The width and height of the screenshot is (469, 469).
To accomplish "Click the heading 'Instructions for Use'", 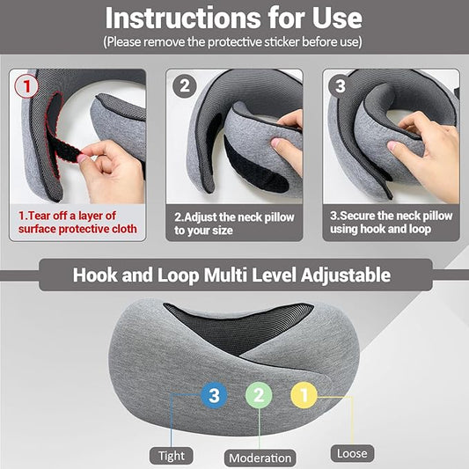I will (234, 18).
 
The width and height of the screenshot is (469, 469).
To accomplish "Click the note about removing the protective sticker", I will (234, 41).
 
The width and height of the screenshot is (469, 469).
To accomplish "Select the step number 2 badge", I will (185, 86).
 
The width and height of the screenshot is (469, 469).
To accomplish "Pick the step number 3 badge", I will (340, 86).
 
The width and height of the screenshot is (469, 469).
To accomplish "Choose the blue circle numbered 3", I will (213, 395).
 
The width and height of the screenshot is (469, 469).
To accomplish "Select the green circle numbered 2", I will (259, 395).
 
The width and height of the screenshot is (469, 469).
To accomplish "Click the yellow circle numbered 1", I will (304, 395).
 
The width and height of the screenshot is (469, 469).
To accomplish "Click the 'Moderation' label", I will (260, 458).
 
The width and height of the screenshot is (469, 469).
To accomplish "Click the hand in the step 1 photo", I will (110, 167).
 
